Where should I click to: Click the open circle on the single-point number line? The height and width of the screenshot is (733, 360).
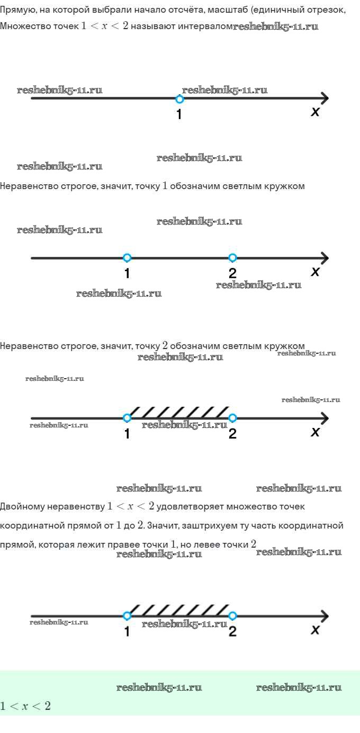pos(179,99)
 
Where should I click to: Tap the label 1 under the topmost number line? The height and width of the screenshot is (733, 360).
pos(179,114)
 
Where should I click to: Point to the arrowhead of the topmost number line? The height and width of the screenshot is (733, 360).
pos(325,99)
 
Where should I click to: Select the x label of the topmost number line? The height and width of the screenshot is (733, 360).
pos(315,112)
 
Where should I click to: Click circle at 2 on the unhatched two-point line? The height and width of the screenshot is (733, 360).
pos(232,258)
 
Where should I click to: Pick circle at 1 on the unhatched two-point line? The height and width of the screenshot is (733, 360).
pos(127,258)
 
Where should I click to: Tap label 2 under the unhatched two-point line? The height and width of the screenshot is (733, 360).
pos(232,273)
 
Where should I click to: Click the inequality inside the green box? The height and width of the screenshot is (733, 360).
pos(25,706)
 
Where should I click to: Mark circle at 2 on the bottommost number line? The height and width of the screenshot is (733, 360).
pos(232,616)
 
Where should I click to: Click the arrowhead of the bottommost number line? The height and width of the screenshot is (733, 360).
pos(325,616)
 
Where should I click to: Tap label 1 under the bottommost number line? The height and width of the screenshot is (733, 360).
pos(127,631)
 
